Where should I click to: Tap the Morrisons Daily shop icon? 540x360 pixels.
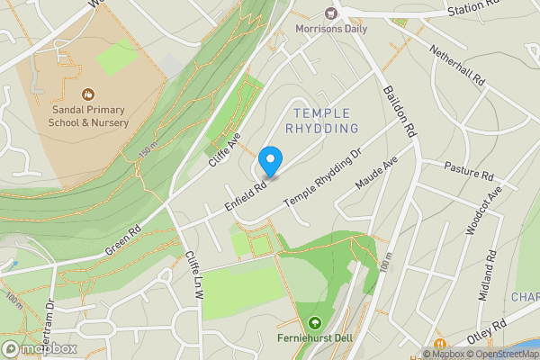(330, 13)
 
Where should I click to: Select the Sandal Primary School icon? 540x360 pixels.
(88, 94)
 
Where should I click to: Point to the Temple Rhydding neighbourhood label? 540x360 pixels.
(321, 121)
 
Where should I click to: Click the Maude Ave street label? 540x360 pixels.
(376, 173)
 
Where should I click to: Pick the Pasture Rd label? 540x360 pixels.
(470, 172)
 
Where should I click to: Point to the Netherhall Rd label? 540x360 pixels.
(457, 66)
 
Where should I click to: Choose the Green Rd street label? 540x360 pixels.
(123, 238)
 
